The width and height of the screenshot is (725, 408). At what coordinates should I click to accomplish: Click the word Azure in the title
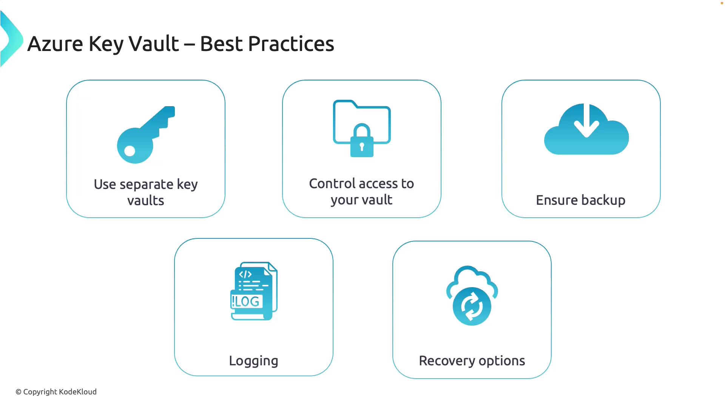point(55,44)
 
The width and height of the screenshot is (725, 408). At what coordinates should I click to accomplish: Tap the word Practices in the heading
point(291,44)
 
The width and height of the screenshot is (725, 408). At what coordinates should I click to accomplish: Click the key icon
point(146,135)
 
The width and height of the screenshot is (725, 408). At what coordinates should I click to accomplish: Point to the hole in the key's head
point(130,151)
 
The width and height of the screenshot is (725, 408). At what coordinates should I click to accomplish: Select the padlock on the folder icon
point(362,140)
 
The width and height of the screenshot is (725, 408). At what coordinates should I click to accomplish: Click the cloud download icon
point(586,129)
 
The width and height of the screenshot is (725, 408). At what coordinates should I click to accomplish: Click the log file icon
point(254,291)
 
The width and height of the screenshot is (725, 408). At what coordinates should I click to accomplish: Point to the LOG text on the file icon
point(246,301)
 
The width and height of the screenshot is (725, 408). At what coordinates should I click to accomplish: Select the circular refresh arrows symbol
point(472,306)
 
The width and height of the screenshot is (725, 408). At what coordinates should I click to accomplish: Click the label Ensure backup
point(581,200)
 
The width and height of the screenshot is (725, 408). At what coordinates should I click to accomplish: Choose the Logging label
point(254,361)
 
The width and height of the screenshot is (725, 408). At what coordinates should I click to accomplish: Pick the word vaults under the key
point(146,201)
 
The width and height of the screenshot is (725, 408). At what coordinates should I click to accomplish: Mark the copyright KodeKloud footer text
point(56,392)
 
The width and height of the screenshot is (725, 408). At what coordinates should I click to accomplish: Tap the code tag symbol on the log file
point(245,274)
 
